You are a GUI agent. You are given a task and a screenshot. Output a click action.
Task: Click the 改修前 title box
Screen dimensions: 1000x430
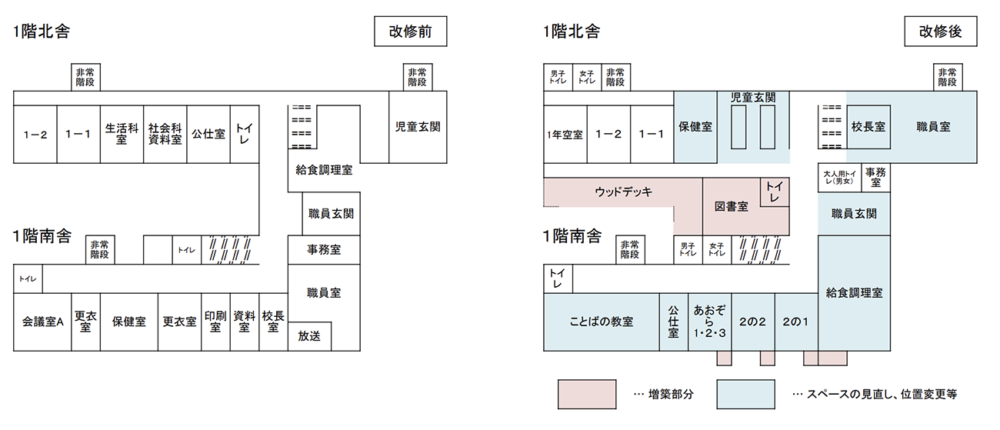(x=410, y=32)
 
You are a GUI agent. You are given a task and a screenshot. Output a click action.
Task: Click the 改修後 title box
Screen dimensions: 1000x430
(x=941, y=32)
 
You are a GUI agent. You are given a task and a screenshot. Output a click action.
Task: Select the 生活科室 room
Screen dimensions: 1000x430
(x=122, y=134)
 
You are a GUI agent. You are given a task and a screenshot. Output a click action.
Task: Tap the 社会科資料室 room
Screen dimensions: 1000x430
(x=165, y=134)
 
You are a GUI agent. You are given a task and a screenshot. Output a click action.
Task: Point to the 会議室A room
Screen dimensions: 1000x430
(x=42, y=322)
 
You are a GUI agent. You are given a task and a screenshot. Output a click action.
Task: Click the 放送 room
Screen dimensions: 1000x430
(x=309, y=336)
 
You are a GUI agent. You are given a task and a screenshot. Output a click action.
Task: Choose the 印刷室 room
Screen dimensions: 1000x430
(x=215, y=322)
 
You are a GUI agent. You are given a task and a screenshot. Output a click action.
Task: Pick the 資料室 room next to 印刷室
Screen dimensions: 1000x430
(x=245, y=322)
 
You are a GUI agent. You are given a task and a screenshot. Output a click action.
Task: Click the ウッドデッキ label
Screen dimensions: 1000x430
(x=623, y=192)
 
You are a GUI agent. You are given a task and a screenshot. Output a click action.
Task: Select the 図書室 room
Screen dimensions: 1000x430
(x=732, y=207)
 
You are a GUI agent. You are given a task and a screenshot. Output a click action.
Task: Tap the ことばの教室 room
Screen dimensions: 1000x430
(x=602, y=322)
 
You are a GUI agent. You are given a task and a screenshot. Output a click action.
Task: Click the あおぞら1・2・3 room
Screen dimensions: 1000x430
(x=710, y=322)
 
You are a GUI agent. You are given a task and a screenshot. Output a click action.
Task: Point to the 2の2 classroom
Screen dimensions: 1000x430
(x=753, y=322)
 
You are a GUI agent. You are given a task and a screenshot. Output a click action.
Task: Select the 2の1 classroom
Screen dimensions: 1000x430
(x=796, y=322)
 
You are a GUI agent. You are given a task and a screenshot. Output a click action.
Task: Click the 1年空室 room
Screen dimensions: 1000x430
(x=565, y=134)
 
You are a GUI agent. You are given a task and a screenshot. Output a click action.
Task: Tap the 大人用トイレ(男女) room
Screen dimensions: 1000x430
(x=840, y=178)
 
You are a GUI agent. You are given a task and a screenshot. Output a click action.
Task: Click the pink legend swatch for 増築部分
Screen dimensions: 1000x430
(x=587, y=395)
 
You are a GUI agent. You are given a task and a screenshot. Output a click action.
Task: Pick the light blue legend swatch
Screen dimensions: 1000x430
(x=746, y=395)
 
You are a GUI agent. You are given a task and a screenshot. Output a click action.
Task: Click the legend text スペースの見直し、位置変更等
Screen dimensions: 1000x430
(x=882, y=395)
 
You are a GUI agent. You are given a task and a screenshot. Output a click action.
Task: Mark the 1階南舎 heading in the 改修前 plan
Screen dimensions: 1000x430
(x=42, y=236)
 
